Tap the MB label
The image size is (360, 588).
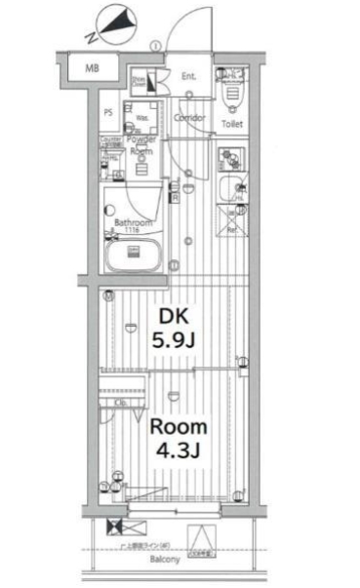point(92,67)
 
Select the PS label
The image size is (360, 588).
point(108,112)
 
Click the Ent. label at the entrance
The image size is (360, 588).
point(189,76)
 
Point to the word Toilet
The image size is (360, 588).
point(232,125)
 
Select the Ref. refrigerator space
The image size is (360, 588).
point(234,229)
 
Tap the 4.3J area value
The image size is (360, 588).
point(178,453)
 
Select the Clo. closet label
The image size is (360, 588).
point(123,402)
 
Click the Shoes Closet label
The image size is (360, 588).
point(140,83)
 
